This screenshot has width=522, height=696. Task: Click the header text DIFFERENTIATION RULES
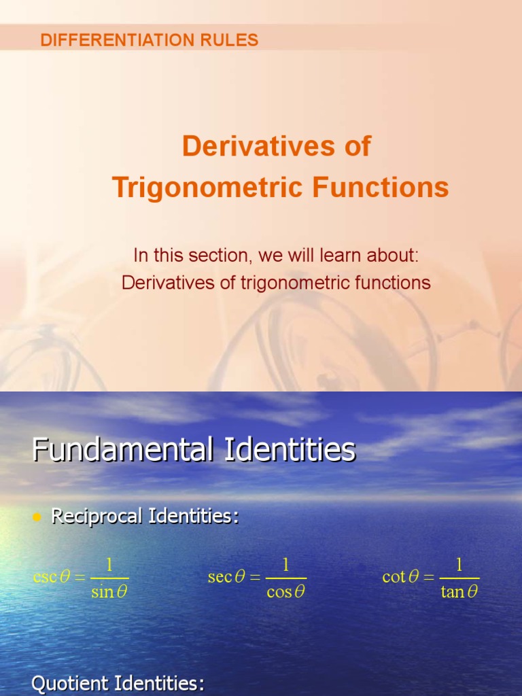pos(149,40)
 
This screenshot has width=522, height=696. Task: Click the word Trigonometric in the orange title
pos(208,187)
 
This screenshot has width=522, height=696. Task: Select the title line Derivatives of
pos(276,146)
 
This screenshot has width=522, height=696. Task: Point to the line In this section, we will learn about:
pos(276,256)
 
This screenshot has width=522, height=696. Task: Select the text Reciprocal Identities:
pos(145,517)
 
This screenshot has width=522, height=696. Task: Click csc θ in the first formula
pos(52,578)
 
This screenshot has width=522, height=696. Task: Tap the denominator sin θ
pos(109,592)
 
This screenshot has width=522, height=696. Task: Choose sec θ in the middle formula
pos(226,578)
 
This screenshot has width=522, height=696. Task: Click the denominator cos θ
pos(285,592)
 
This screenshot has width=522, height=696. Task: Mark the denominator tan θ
pos(459,592)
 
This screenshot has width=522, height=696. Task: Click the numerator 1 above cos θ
pos(286,565)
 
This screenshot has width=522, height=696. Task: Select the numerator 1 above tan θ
pos(459,565)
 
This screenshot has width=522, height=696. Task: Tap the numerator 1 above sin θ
pos(109,565)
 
